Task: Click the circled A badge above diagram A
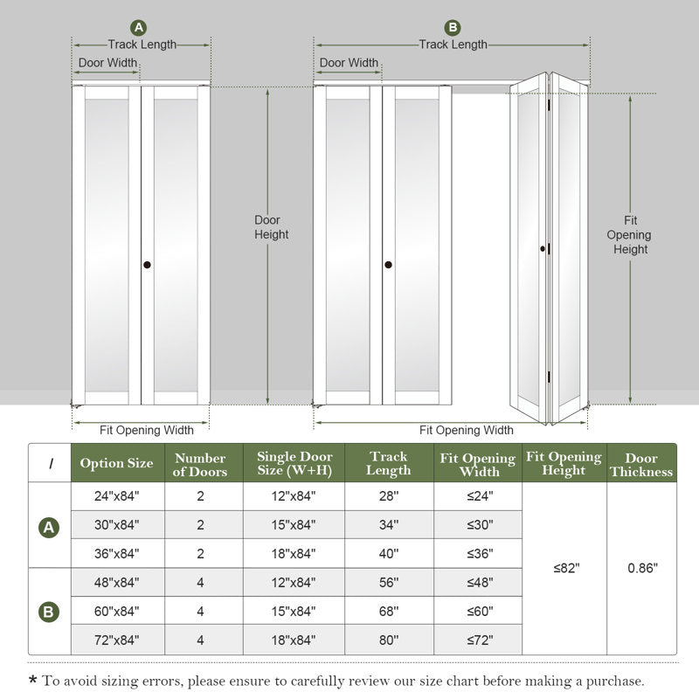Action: click(138, 27)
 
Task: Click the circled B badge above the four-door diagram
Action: click(452, 27)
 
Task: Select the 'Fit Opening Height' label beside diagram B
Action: click(630, 235)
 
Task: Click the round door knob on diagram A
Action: click(147, 265)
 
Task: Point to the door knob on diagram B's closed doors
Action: click(388, 265)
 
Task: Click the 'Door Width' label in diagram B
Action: click(349, 63)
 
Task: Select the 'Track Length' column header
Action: click(389, 463)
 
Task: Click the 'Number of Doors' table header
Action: click(200, 464)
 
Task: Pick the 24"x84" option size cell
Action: click(117, 496)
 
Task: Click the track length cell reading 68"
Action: click(389, 611)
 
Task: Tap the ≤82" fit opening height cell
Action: click(565, 567)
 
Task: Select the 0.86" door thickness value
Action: click(642, 567)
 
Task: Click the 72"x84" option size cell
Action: click(117, 640)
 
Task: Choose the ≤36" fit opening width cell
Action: click(479, 553)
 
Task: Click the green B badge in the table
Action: click(49, 611)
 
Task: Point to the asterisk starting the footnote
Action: click(32, 681)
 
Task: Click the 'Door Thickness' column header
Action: click(642, 464)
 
